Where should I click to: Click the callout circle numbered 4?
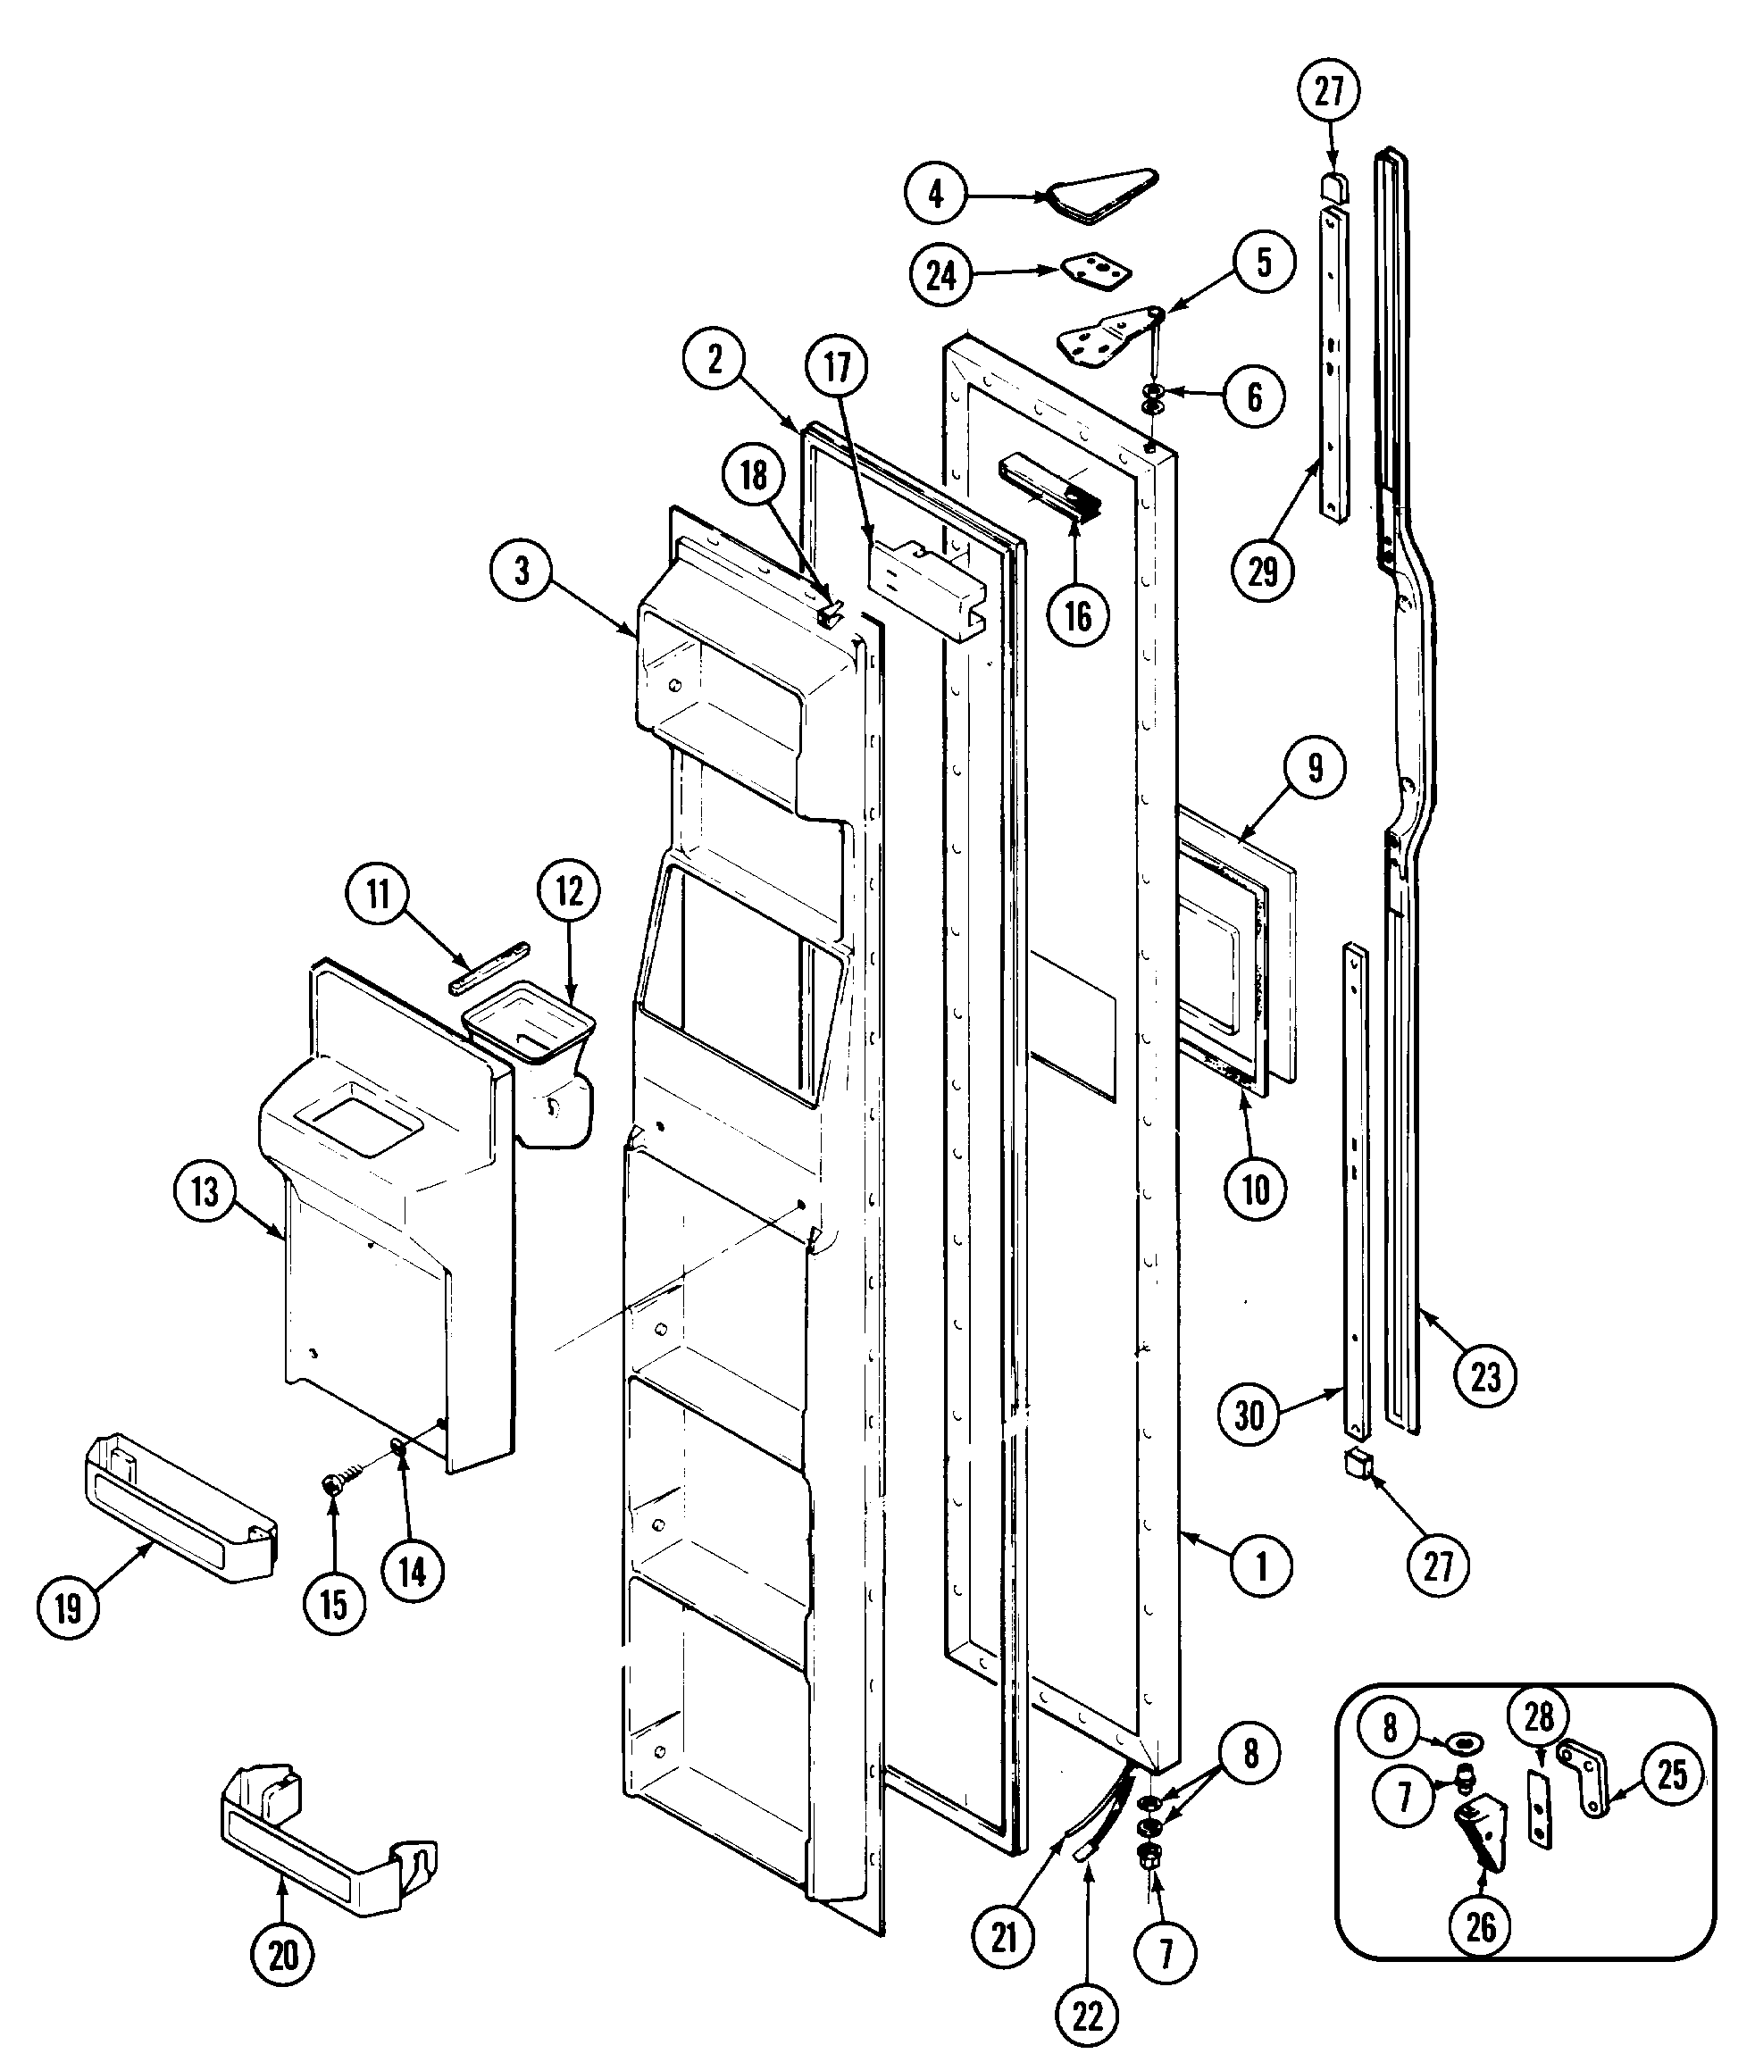click(935, 193)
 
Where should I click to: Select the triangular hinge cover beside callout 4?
click(1100, 194)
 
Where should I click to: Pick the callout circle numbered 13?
click(205, 1190)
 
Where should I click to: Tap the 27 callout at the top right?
click(1329, 90)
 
